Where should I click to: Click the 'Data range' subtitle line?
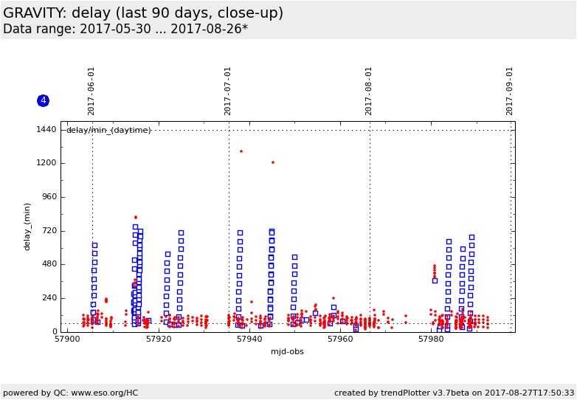click(125, 30)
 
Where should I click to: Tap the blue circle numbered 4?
click(43, 100)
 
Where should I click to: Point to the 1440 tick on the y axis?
click(46, 130)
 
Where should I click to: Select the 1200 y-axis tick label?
click(46, 163)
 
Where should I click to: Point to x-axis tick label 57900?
click(67, 339)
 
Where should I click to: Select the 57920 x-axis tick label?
click(159, 339)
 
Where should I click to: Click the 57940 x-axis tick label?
click(249, 339)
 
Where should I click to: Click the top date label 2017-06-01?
click(91, 91)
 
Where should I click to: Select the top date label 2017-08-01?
click(369, 91)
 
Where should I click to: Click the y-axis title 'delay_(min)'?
click(28, 227)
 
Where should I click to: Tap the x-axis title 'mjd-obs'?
click(288, 352)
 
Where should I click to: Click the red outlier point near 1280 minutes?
click(241, 151)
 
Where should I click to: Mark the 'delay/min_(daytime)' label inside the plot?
click(108, 131)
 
